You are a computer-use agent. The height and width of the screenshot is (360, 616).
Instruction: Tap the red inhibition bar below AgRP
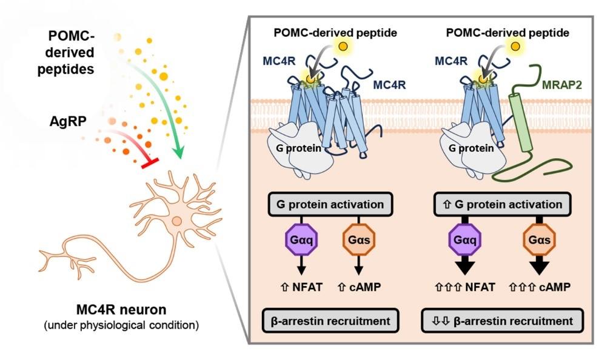click(149, 162)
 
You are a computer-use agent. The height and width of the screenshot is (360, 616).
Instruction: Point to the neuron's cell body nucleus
click(176, 221)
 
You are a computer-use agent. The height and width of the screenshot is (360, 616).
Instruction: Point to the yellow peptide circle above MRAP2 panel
click(514, 46)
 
